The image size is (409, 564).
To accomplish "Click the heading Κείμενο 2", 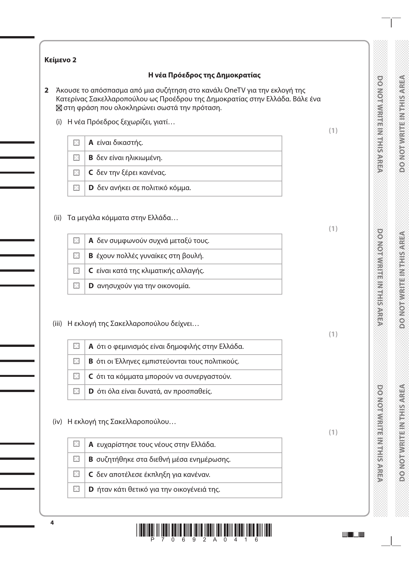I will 60,60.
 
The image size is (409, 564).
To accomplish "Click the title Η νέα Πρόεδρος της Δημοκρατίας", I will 204,75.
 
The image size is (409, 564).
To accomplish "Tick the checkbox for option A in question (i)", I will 76,143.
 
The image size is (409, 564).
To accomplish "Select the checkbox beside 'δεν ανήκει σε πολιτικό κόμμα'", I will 76,188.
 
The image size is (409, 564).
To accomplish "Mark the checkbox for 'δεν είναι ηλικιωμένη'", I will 76,158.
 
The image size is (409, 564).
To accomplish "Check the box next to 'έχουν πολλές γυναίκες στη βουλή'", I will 76,256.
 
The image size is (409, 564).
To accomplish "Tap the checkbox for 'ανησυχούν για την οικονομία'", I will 76,286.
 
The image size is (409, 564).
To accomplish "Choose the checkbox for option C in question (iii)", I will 76,376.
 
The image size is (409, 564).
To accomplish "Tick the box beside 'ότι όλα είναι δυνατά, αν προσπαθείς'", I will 76,391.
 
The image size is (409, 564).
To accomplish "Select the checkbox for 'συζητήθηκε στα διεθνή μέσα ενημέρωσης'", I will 76,459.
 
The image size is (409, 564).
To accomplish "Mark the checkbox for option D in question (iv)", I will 76,489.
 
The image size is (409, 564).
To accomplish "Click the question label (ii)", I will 57,218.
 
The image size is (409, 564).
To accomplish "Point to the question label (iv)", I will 57,422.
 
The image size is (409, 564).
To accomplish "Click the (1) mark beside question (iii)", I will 333,334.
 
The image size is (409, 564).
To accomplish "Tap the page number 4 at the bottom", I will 52,523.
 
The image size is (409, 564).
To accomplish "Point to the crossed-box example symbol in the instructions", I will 58,108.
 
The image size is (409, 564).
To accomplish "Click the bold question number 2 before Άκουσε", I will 46,90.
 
